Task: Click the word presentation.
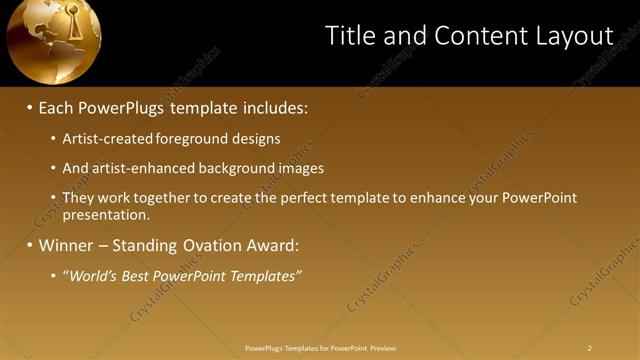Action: pos(105,214)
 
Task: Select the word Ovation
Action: pos(219,245)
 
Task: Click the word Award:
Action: pos(274,245)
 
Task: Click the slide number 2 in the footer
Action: pos(590,348)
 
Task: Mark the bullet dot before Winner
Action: pos(29,245)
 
